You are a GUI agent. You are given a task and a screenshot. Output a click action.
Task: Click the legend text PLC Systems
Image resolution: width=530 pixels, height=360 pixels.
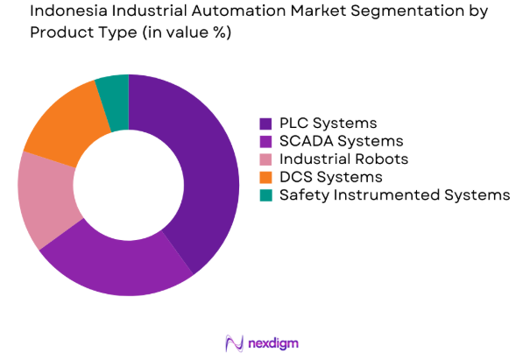(328, 123)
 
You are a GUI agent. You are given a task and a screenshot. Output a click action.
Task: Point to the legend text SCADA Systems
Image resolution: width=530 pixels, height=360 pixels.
(341, 141)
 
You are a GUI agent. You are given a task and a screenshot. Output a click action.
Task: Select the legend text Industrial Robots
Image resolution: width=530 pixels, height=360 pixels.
(343, 159)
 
